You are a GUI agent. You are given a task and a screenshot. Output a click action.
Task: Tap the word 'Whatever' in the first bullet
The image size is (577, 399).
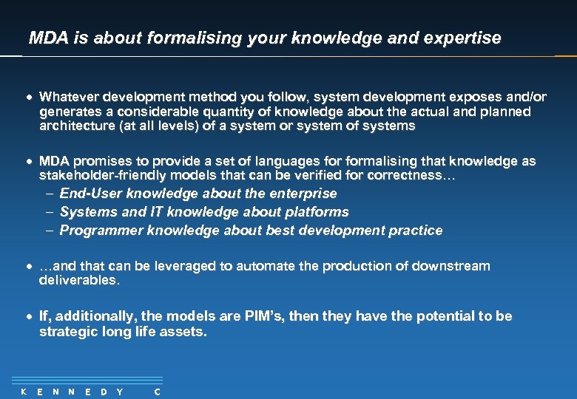(x=69, y=97)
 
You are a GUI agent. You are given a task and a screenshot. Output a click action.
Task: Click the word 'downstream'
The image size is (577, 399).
(x=453, y=266)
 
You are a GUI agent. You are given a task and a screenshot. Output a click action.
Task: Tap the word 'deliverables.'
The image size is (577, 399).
(x=78, y=281)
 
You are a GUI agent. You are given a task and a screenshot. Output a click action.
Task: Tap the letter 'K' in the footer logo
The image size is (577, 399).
(x=24, y=392)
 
